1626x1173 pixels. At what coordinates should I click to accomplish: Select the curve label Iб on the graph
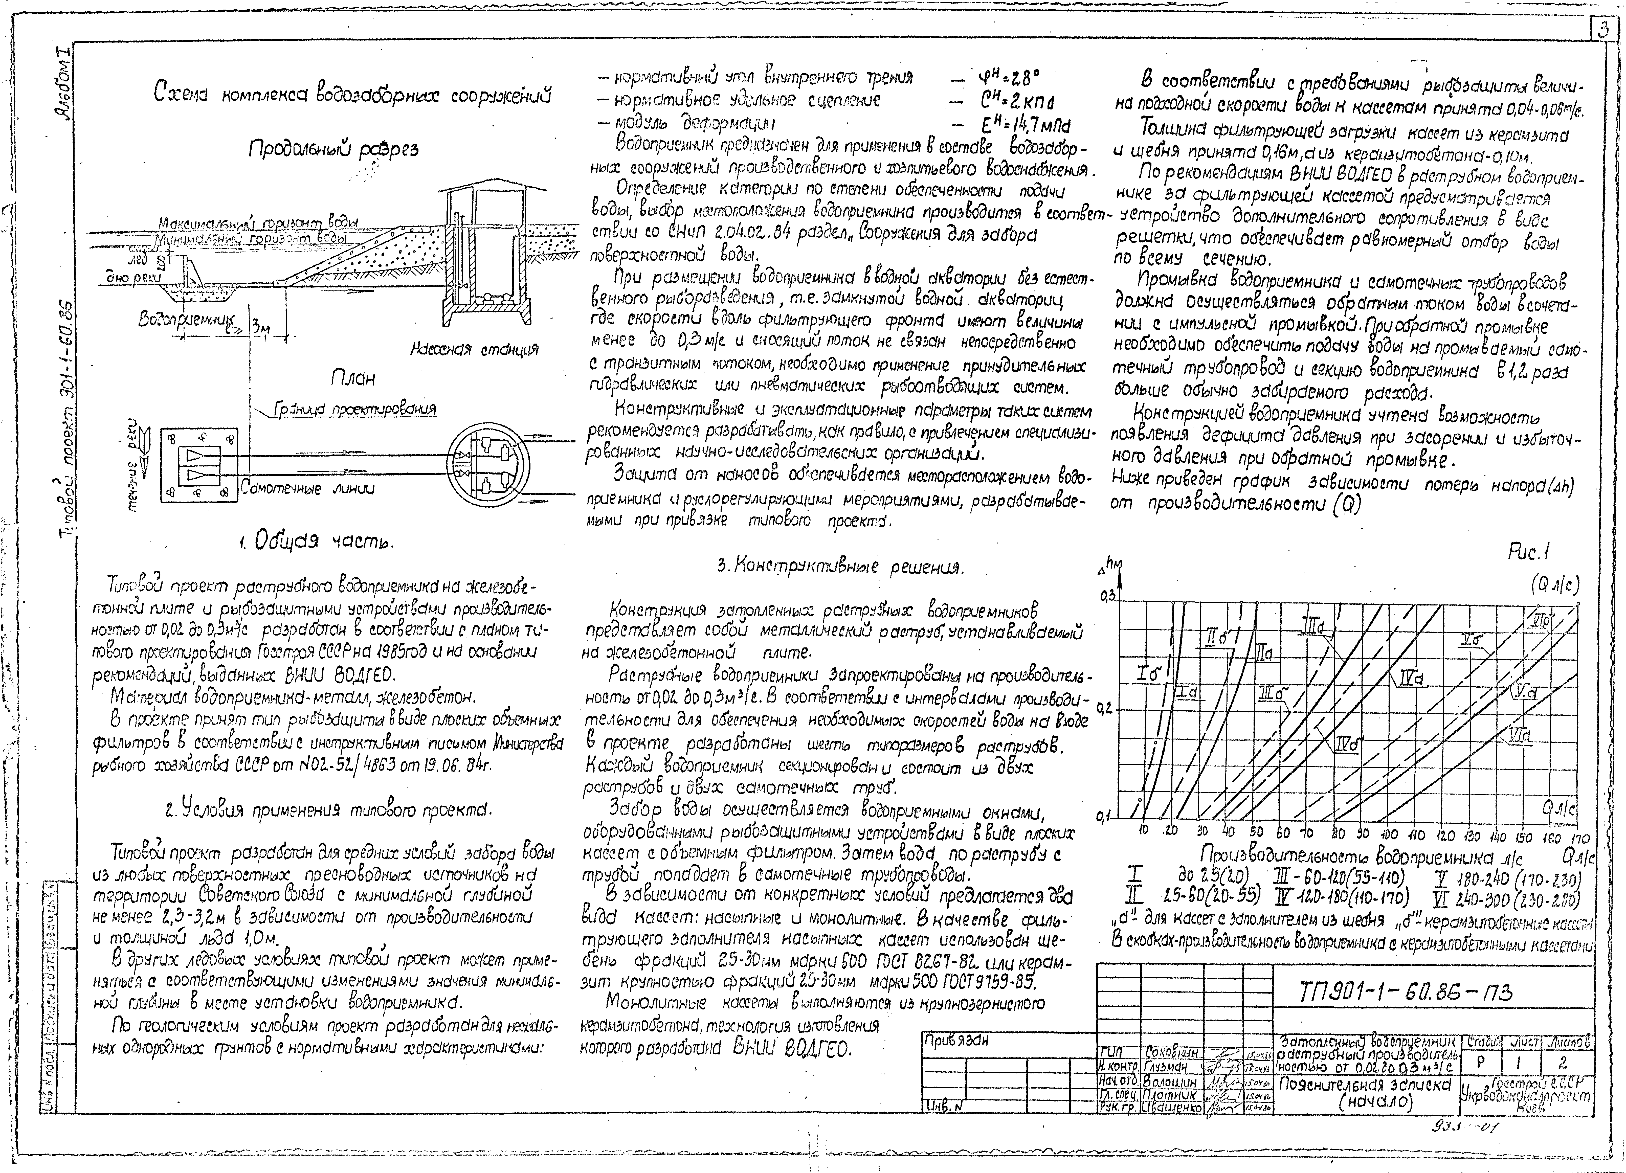pyautogui.click(x=1149, y=674)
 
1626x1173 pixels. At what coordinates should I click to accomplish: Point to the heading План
pyautogui.click(x=352, y=378)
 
